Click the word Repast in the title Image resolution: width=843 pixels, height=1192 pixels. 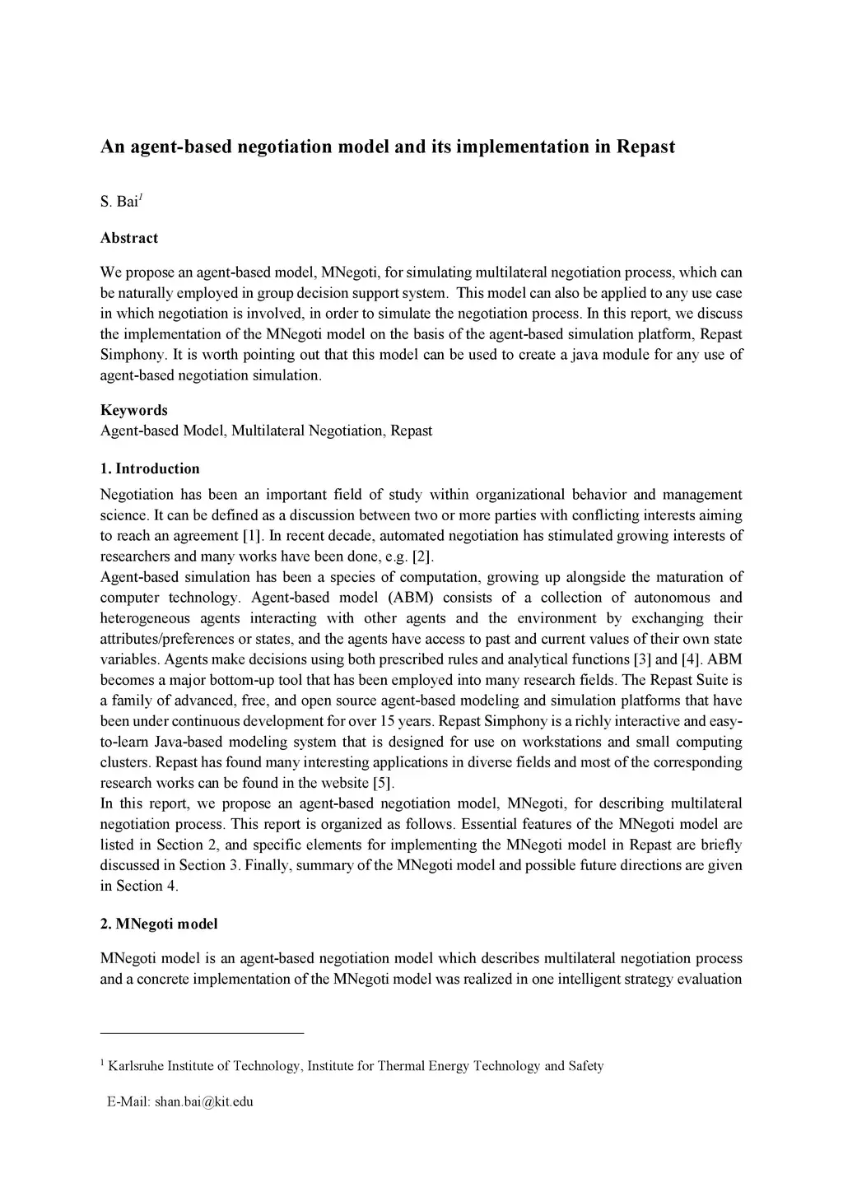click(646, 147)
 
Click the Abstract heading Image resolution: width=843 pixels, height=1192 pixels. click(129, 238)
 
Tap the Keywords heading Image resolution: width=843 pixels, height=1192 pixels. click(133, 410)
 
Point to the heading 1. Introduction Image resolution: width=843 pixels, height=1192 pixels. click(150, 468)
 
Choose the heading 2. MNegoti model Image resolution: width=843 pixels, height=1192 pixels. click(159, 924)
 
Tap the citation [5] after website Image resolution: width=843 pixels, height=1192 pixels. click(384, 783)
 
